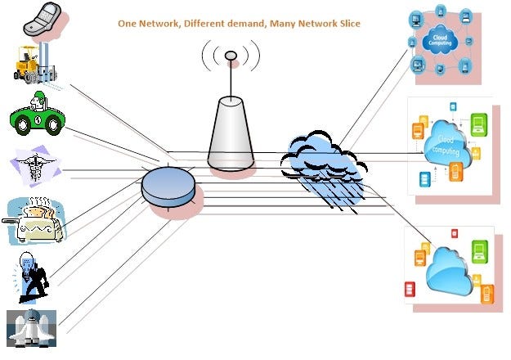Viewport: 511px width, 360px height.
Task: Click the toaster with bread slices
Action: (x=36, y=221)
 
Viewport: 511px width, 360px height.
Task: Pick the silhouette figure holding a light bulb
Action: (x=33, y=274)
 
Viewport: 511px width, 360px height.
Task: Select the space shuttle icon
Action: (x=32, y=327)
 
